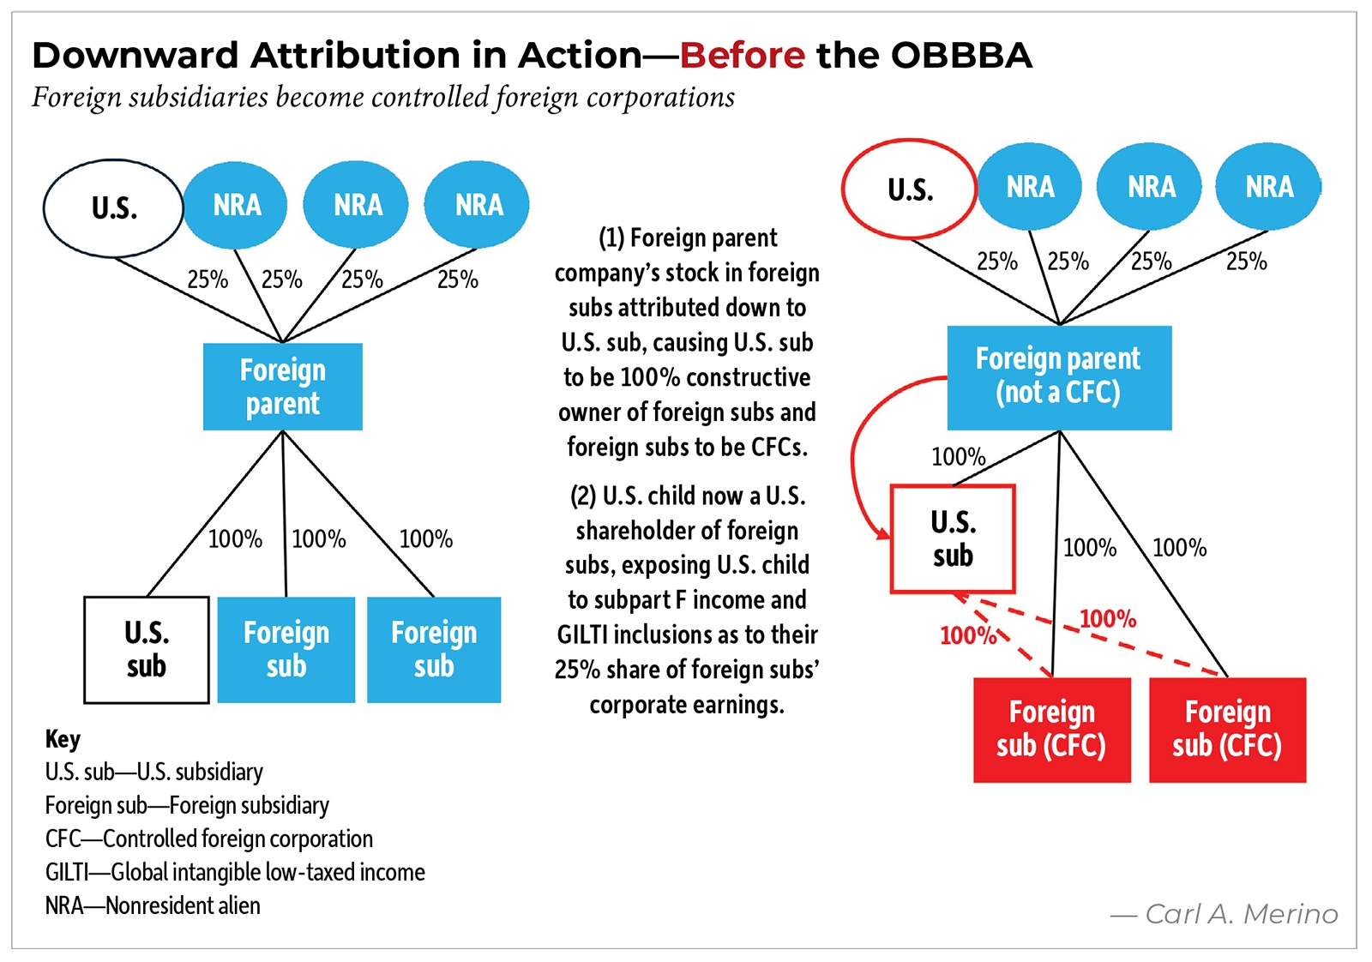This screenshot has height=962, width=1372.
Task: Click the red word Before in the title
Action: pyautogui.click(x=743, y=56)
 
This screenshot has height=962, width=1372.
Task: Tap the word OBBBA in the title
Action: pyautogui.click(x=961, y=56)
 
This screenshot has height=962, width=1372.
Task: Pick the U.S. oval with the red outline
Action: pyautogui.click(x=909, y=189)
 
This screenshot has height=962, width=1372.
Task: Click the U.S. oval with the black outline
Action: pyautogui.click(x=113, y=208)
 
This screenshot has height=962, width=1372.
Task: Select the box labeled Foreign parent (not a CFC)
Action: pyautogui.click(x=1058, y=376)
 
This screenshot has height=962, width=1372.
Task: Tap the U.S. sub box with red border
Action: pyautogui.click(x=953, y=538)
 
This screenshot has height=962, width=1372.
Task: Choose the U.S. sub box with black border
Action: pyautogui.click(x=147, y=649)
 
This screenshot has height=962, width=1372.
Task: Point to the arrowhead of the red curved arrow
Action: pyautogui.click(x=883, y=533)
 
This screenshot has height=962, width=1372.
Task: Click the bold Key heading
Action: pyautogui.click(x=63, y=738)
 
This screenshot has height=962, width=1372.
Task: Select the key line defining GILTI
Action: pyautogui.click(x=235, y=872)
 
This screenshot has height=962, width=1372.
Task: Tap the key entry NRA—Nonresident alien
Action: pyautogui.click(x=153, y=905)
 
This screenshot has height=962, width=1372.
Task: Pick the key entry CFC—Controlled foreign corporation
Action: pyautogui.click(x=209, y=839)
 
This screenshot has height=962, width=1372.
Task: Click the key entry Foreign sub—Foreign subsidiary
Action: pyautogui.click(x=187, y=805)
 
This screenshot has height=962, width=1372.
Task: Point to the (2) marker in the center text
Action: pyautogui.click(x=583, y=496)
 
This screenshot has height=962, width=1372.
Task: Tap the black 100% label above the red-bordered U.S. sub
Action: pyautogui.click(x=958, y=456)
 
